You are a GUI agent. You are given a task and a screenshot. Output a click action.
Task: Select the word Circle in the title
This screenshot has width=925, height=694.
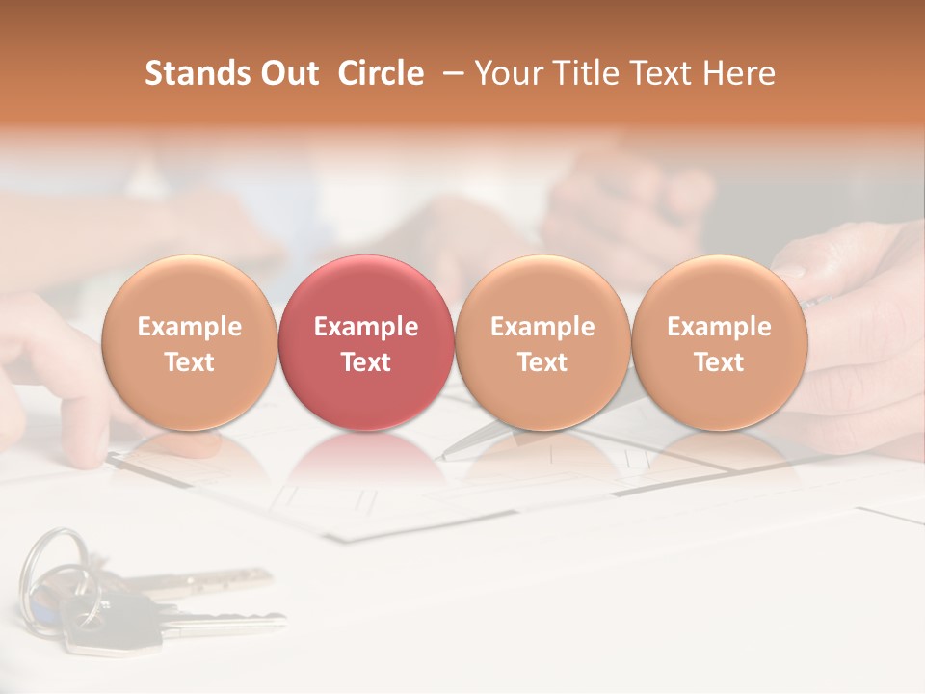click(x=381, y=73)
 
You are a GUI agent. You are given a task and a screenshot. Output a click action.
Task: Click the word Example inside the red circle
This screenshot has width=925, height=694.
click(x=366, y=327)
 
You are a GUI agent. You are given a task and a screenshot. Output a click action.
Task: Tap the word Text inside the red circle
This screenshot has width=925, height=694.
click(x=366, y=362)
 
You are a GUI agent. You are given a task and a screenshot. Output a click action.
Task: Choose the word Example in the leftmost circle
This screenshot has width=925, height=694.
click(x=189, y=327)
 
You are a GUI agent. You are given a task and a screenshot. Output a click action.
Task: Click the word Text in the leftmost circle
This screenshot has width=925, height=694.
click(x=189, y=362)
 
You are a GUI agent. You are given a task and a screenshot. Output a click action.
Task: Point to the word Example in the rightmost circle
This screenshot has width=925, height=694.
click(x=719, y=327)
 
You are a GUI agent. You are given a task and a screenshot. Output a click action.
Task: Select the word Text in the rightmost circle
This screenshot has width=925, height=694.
click(x=719, y=362)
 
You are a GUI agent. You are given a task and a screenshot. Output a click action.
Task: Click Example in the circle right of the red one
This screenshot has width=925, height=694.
click(x=542, y=327)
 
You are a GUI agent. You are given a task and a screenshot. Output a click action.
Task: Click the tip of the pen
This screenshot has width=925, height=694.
click(x=445, y=456)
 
